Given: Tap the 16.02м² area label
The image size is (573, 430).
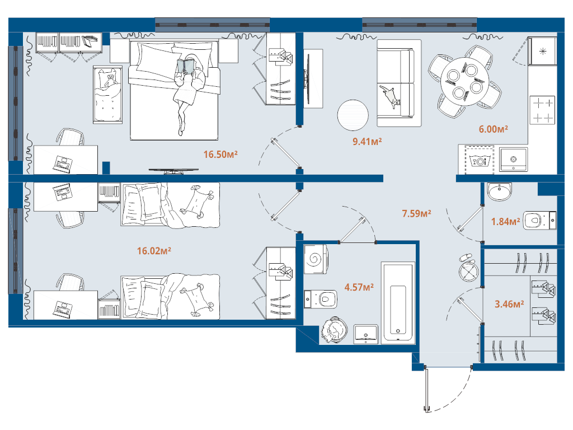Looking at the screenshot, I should click(x=154, y=251).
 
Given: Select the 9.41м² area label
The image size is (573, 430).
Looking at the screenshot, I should click(x=367, y=142).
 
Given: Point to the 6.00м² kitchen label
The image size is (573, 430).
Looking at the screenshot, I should click(x=493, y=129).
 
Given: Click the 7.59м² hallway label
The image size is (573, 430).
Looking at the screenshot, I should click(x=416, y=213).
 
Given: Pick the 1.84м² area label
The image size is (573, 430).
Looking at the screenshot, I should click(x=505, y=222).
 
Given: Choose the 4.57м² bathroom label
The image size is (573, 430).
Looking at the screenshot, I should click(x=359, y=287).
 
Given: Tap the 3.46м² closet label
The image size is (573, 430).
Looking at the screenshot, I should click(x=509, y=305).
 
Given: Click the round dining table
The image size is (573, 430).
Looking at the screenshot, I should click(x=463, y=81).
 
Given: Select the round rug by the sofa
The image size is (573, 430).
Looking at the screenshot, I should click(x=353, y=115).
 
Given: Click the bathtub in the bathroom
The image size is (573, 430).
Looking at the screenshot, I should click(x=397, y=302).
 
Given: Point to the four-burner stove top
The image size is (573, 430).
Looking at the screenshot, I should click(x=542, y=110).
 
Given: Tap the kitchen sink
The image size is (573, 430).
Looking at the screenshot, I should click(x=513, y=160).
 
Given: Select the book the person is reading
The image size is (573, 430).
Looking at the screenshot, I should click(x=187, y=67).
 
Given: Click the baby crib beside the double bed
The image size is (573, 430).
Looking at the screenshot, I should click(x=107, y=94).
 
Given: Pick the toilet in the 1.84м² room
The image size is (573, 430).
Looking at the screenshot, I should click(x=538, y=220).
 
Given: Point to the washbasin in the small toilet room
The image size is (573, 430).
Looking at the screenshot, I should click(x=499, y=192).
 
